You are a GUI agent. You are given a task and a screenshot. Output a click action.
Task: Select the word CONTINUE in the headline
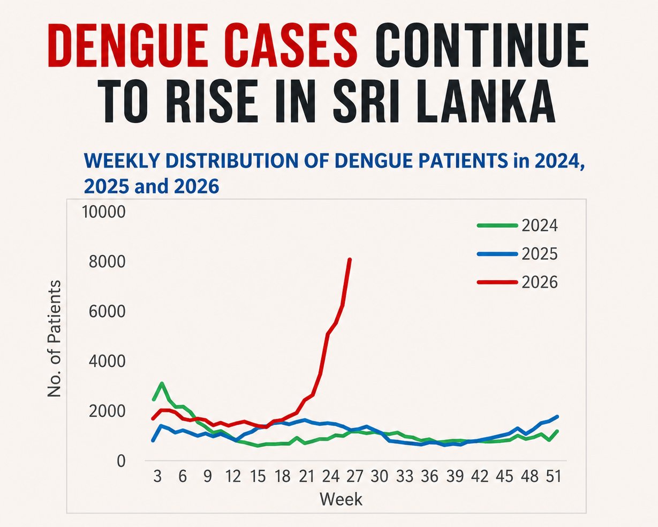[x=481, y=45]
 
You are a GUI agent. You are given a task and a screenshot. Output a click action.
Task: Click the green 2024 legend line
[x=497, y=225]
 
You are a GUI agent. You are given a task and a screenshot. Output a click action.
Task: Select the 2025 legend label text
[x=540, y=254]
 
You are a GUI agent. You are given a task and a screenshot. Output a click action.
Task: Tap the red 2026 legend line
[x=497, y=282]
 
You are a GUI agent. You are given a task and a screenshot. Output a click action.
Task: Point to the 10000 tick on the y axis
[x=104, y=212]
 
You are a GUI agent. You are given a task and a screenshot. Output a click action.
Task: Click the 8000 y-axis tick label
[x=107, y=261]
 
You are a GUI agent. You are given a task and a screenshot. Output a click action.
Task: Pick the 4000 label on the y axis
[x=107, y=361]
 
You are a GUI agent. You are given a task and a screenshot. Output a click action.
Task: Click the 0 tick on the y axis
[x=121, y=461]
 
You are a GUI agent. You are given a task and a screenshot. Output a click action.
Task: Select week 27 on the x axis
[x=354, y=476]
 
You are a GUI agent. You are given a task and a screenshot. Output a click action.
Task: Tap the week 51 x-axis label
[x=554, y=476]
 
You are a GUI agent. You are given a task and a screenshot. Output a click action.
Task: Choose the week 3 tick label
[x=157, y=476]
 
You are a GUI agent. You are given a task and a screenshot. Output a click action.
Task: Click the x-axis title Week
[x=341, y=500]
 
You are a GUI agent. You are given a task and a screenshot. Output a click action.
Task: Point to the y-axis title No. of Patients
[x=55, y=338]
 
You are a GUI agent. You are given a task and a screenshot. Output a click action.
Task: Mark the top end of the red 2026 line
[x=350, y=259]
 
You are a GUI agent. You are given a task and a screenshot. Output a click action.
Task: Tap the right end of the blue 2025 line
[x=557, y=417]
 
